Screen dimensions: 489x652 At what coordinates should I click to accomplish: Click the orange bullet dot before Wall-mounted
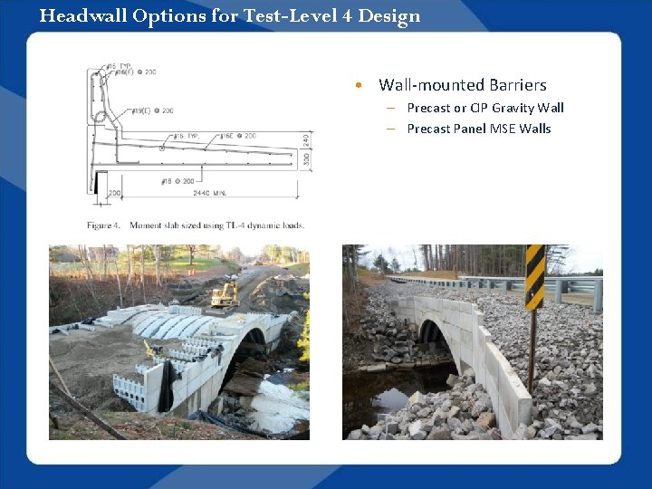tap(360, 85)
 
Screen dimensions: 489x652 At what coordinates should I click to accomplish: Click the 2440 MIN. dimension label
tap(209, 193)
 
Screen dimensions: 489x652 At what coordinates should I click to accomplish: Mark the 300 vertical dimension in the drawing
tap(306, 159)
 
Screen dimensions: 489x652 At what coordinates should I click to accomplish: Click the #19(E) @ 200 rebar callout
tap(152, 110)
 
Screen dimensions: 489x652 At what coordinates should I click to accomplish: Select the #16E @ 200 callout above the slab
tap(237, 135)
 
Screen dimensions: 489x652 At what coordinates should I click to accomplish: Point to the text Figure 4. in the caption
tap(104, 225)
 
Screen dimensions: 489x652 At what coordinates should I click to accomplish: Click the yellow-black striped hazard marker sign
tap(534, 277)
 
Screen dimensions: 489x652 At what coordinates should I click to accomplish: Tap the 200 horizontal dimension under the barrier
tap(114, 193)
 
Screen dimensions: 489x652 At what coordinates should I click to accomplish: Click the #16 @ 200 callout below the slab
tap(177, 181)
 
